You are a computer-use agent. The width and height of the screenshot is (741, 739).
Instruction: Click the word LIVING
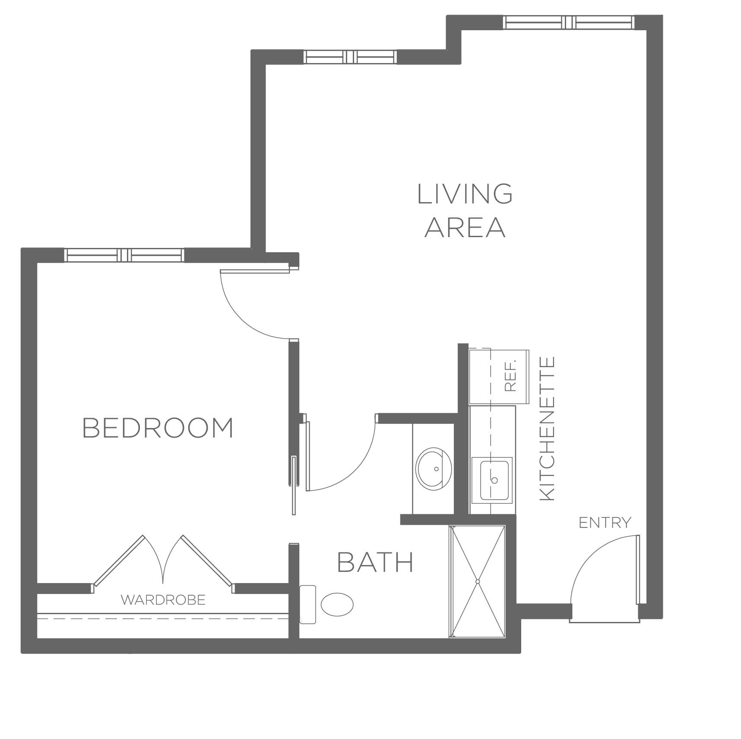(x=465, y=194)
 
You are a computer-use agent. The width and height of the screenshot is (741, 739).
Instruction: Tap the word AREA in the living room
(x=465, y=228)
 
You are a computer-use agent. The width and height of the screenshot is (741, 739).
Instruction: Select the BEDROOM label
(x=158, y=428)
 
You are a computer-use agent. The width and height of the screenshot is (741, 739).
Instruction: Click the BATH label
(x=375, y=562)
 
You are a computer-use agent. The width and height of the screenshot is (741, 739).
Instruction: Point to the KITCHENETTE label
(x=547, y=428)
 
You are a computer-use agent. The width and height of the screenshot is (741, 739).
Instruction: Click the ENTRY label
(x=605, y=523)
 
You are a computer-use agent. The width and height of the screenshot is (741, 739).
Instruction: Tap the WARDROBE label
(x=163, y=600)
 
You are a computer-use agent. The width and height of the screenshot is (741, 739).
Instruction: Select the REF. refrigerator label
(x=510, y=377)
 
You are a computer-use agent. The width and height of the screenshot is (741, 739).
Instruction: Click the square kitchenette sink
(x=492, y=480)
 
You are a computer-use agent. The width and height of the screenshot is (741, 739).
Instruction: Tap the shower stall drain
(x=478, y=582)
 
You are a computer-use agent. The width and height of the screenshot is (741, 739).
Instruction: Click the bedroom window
(x=124, y=255)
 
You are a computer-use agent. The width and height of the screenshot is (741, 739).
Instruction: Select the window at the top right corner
(x=569, y=22)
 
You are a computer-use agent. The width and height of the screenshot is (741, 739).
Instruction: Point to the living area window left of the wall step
(x=350, y=57)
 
